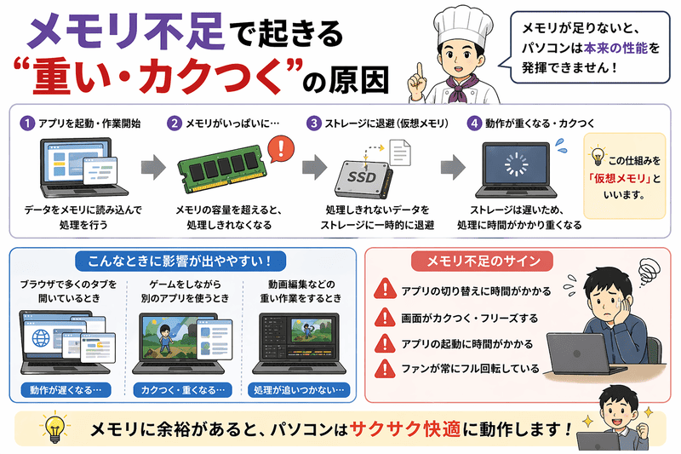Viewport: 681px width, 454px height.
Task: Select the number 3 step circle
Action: coord(314,123)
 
